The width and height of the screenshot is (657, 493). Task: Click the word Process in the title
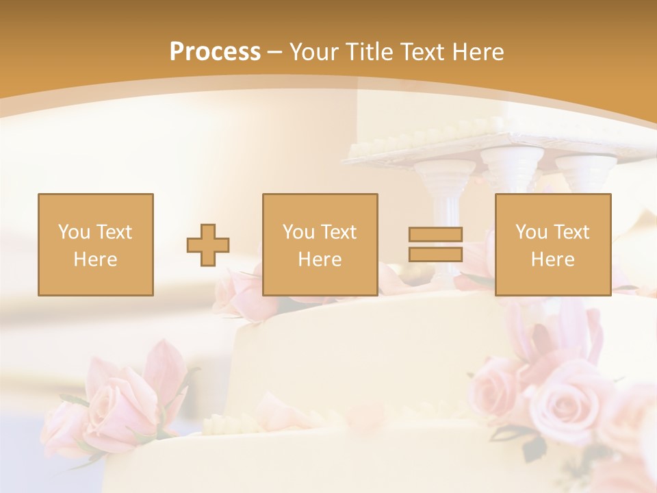tap(215, 51)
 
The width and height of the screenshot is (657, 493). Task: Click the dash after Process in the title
tap(274, 52)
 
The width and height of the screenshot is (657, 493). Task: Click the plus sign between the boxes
tap(208, 245)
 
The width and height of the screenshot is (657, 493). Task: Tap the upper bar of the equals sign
tap(435, 234)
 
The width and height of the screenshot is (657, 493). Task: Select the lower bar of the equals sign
tap(435, 255)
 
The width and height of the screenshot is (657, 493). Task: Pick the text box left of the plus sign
tap(95, 244)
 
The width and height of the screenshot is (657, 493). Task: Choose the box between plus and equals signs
tap(320, 244)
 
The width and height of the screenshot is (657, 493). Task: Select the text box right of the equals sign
tap(552, 244)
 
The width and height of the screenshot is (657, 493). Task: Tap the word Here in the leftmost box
tap(95, 259)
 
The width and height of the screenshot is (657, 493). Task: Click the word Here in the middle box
tap(320, 259)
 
